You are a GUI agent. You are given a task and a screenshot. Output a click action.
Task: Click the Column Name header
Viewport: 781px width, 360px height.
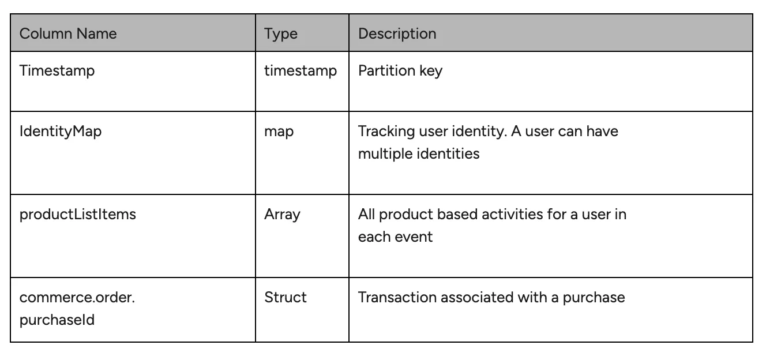(68, 33)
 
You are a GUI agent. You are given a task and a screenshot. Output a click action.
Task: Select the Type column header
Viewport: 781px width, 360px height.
(281, 34)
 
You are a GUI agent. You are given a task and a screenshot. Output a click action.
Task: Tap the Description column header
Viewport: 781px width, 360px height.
(397, 34)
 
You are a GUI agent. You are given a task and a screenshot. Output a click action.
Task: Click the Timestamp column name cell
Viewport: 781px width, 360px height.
(57, 71)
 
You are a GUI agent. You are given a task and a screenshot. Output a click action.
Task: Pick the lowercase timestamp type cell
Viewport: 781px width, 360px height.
(301, 71)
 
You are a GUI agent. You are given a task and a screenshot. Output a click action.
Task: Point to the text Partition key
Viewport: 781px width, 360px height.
(400, 71)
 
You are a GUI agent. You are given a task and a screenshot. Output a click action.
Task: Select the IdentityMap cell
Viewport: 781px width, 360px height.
(61, 132)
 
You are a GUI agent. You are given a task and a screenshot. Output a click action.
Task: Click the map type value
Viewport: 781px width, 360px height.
(279, 132)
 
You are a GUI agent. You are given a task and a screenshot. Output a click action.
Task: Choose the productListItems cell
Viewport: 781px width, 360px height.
(78, 215)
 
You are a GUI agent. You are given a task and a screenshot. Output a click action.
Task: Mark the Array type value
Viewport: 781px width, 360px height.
(282, 215)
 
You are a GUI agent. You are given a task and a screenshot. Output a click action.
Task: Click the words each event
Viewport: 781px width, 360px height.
(395, 237)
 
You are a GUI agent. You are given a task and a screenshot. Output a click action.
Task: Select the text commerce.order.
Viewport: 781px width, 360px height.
(77, 298)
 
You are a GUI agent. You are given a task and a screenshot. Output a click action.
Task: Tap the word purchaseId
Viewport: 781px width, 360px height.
(57, 320)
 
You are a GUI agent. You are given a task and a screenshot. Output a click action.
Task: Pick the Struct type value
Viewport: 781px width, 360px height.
(286, 298)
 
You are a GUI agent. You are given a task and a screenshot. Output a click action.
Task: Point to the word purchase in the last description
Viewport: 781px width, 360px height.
(594, 298)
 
